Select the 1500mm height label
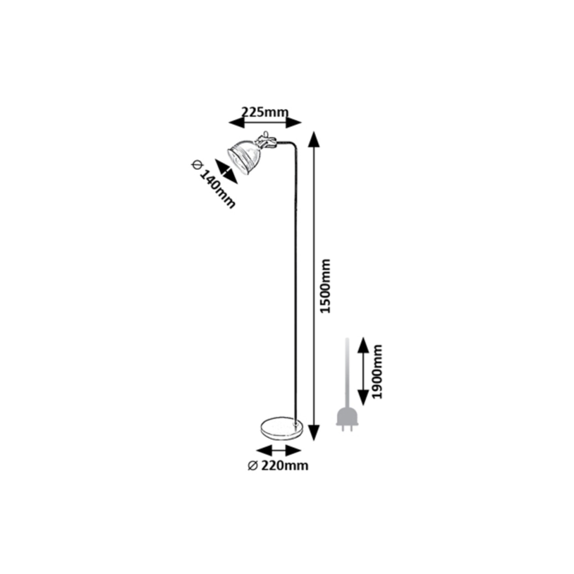[326, 286]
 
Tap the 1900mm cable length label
[378, 371]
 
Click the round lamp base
[281, 427]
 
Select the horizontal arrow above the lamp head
[265, 123]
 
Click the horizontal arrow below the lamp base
[278, 451]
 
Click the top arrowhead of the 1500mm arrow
[313, 139]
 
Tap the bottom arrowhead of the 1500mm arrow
[313, 432]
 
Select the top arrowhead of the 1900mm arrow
[362, 344]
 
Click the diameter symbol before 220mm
[253, 465]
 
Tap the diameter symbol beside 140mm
[196, 164]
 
